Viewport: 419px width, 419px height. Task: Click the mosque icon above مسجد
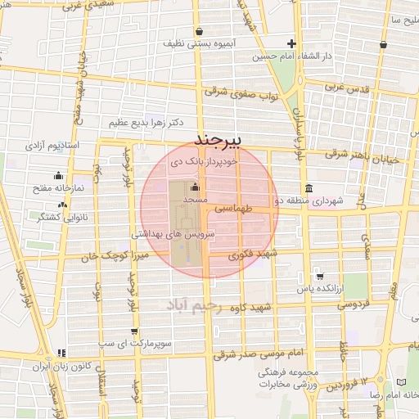[195, 187]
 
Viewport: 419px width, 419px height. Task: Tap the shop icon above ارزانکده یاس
[319, 277]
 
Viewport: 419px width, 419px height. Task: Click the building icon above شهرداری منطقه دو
[308, 187]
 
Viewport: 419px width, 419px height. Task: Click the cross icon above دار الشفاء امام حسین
[291, 43]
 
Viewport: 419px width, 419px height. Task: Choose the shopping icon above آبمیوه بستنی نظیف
[200, 30]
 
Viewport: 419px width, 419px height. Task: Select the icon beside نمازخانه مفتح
[57, 175]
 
